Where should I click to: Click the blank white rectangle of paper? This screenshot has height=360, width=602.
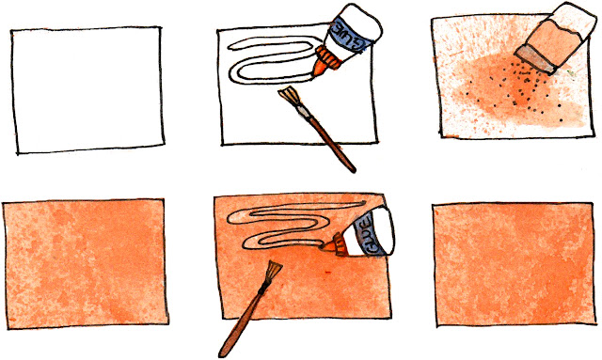(87, 90)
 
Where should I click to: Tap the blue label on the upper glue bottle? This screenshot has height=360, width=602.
(348, 36)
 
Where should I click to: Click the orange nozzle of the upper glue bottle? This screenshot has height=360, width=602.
(325, 61)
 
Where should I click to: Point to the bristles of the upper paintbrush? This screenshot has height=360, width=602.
(290, 96)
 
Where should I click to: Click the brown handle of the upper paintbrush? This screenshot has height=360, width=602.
(331, 143)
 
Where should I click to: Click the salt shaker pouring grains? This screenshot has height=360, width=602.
(557, 38)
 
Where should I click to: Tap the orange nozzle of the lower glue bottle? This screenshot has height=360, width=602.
(335, 243)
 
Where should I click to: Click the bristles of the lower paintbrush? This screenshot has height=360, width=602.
(272, 272)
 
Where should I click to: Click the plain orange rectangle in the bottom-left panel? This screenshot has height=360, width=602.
(86, 264)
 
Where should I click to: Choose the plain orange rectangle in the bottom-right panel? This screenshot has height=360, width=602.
(515, 265)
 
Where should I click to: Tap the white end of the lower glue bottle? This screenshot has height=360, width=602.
(383, 230)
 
